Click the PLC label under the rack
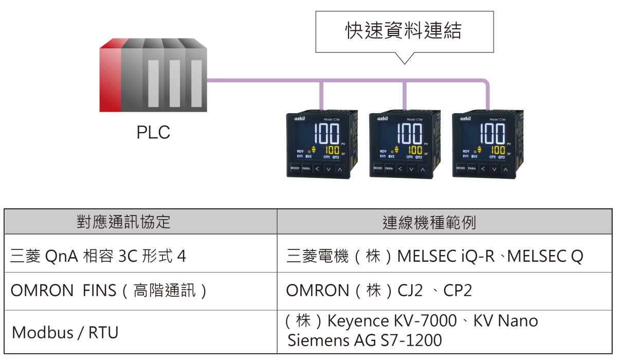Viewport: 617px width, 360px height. coord(153,132)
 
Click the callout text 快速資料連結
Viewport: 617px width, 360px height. coord(404,31)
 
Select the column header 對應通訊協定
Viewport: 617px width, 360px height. coord(123,222)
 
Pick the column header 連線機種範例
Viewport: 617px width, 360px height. coord(429,222)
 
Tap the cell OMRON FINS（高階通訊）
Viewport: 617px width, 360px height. coord(109,291)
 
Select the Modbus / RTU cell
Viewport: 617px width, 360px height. coord(65,332)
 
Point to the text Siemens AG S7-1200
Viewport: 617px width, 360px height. coord(365,340)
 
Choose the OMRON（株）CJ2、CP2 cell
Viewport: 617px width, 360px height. coord(379,291)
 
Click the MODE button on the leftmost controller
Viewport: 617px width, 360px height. coord(295,168)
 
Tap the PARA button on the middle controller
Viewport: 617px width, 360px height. coord(389,168)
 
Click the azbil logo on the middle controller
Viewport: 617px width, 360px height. coord(383,119)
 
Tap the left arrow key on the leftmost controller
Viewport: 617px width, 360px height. coord(317,168)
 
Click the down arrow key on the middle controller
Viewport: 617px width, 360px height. coord(411,168)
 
